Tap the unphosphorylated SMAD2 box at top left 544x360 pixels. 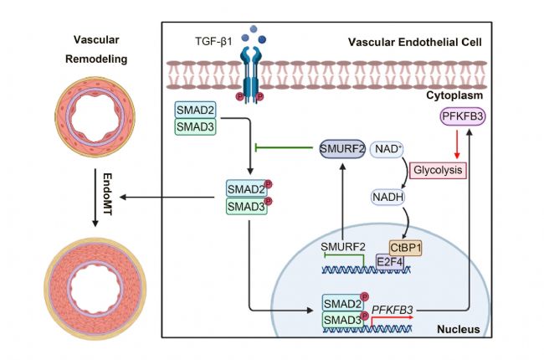194,110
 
